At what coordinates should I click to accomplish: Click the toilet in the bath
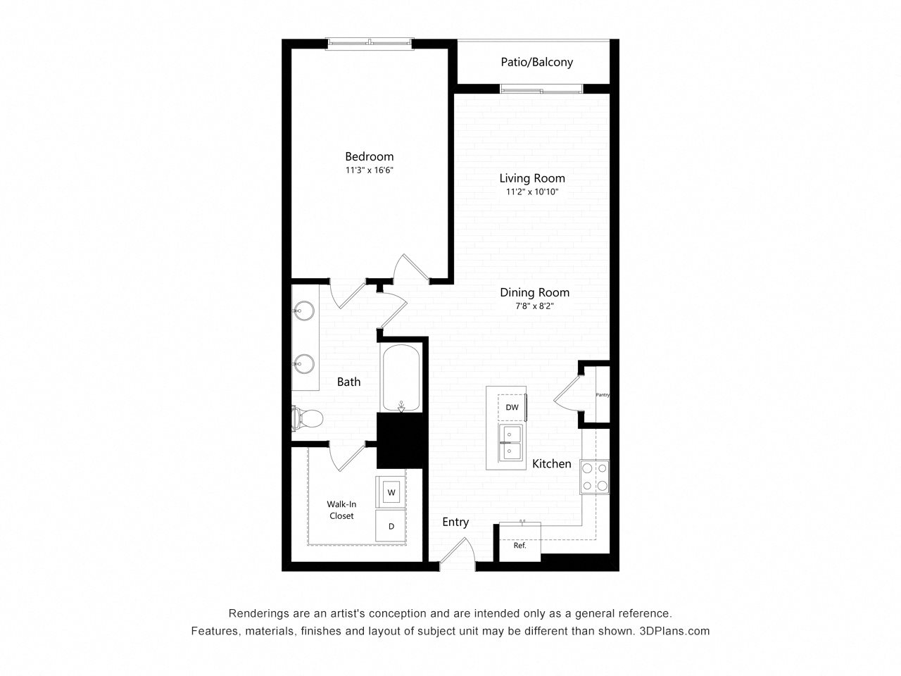point(307,418)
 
